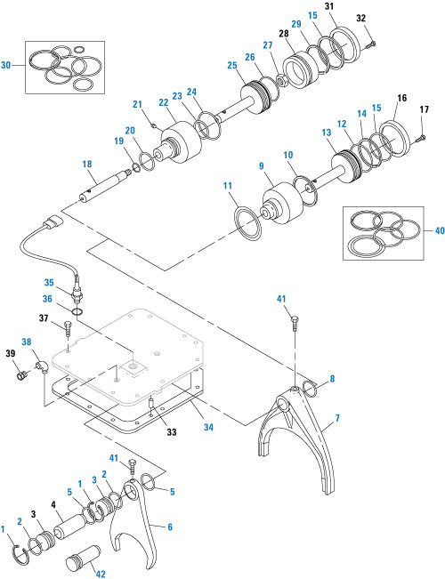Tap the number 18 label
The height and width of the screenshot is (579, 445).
click(87, 165)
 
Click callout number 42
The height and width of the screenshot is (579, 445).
click(100, 575)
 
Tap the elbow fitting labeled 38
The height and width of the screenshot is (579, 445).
click(41, 365)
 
